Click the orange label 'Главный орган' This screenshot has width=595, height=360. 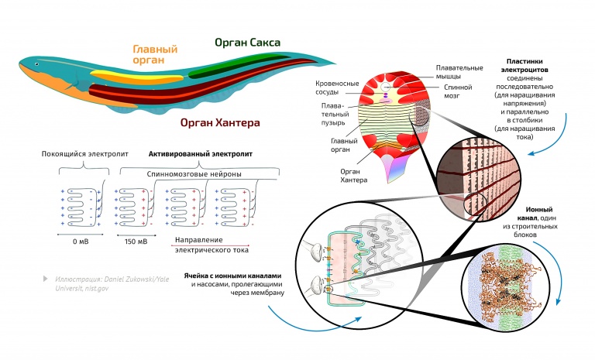(x=155, y=55)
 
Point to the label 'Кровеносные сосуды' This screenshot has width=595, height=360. (x=335, y=87)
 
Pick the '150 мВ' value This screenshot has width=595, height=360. (x=136, y=242)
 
